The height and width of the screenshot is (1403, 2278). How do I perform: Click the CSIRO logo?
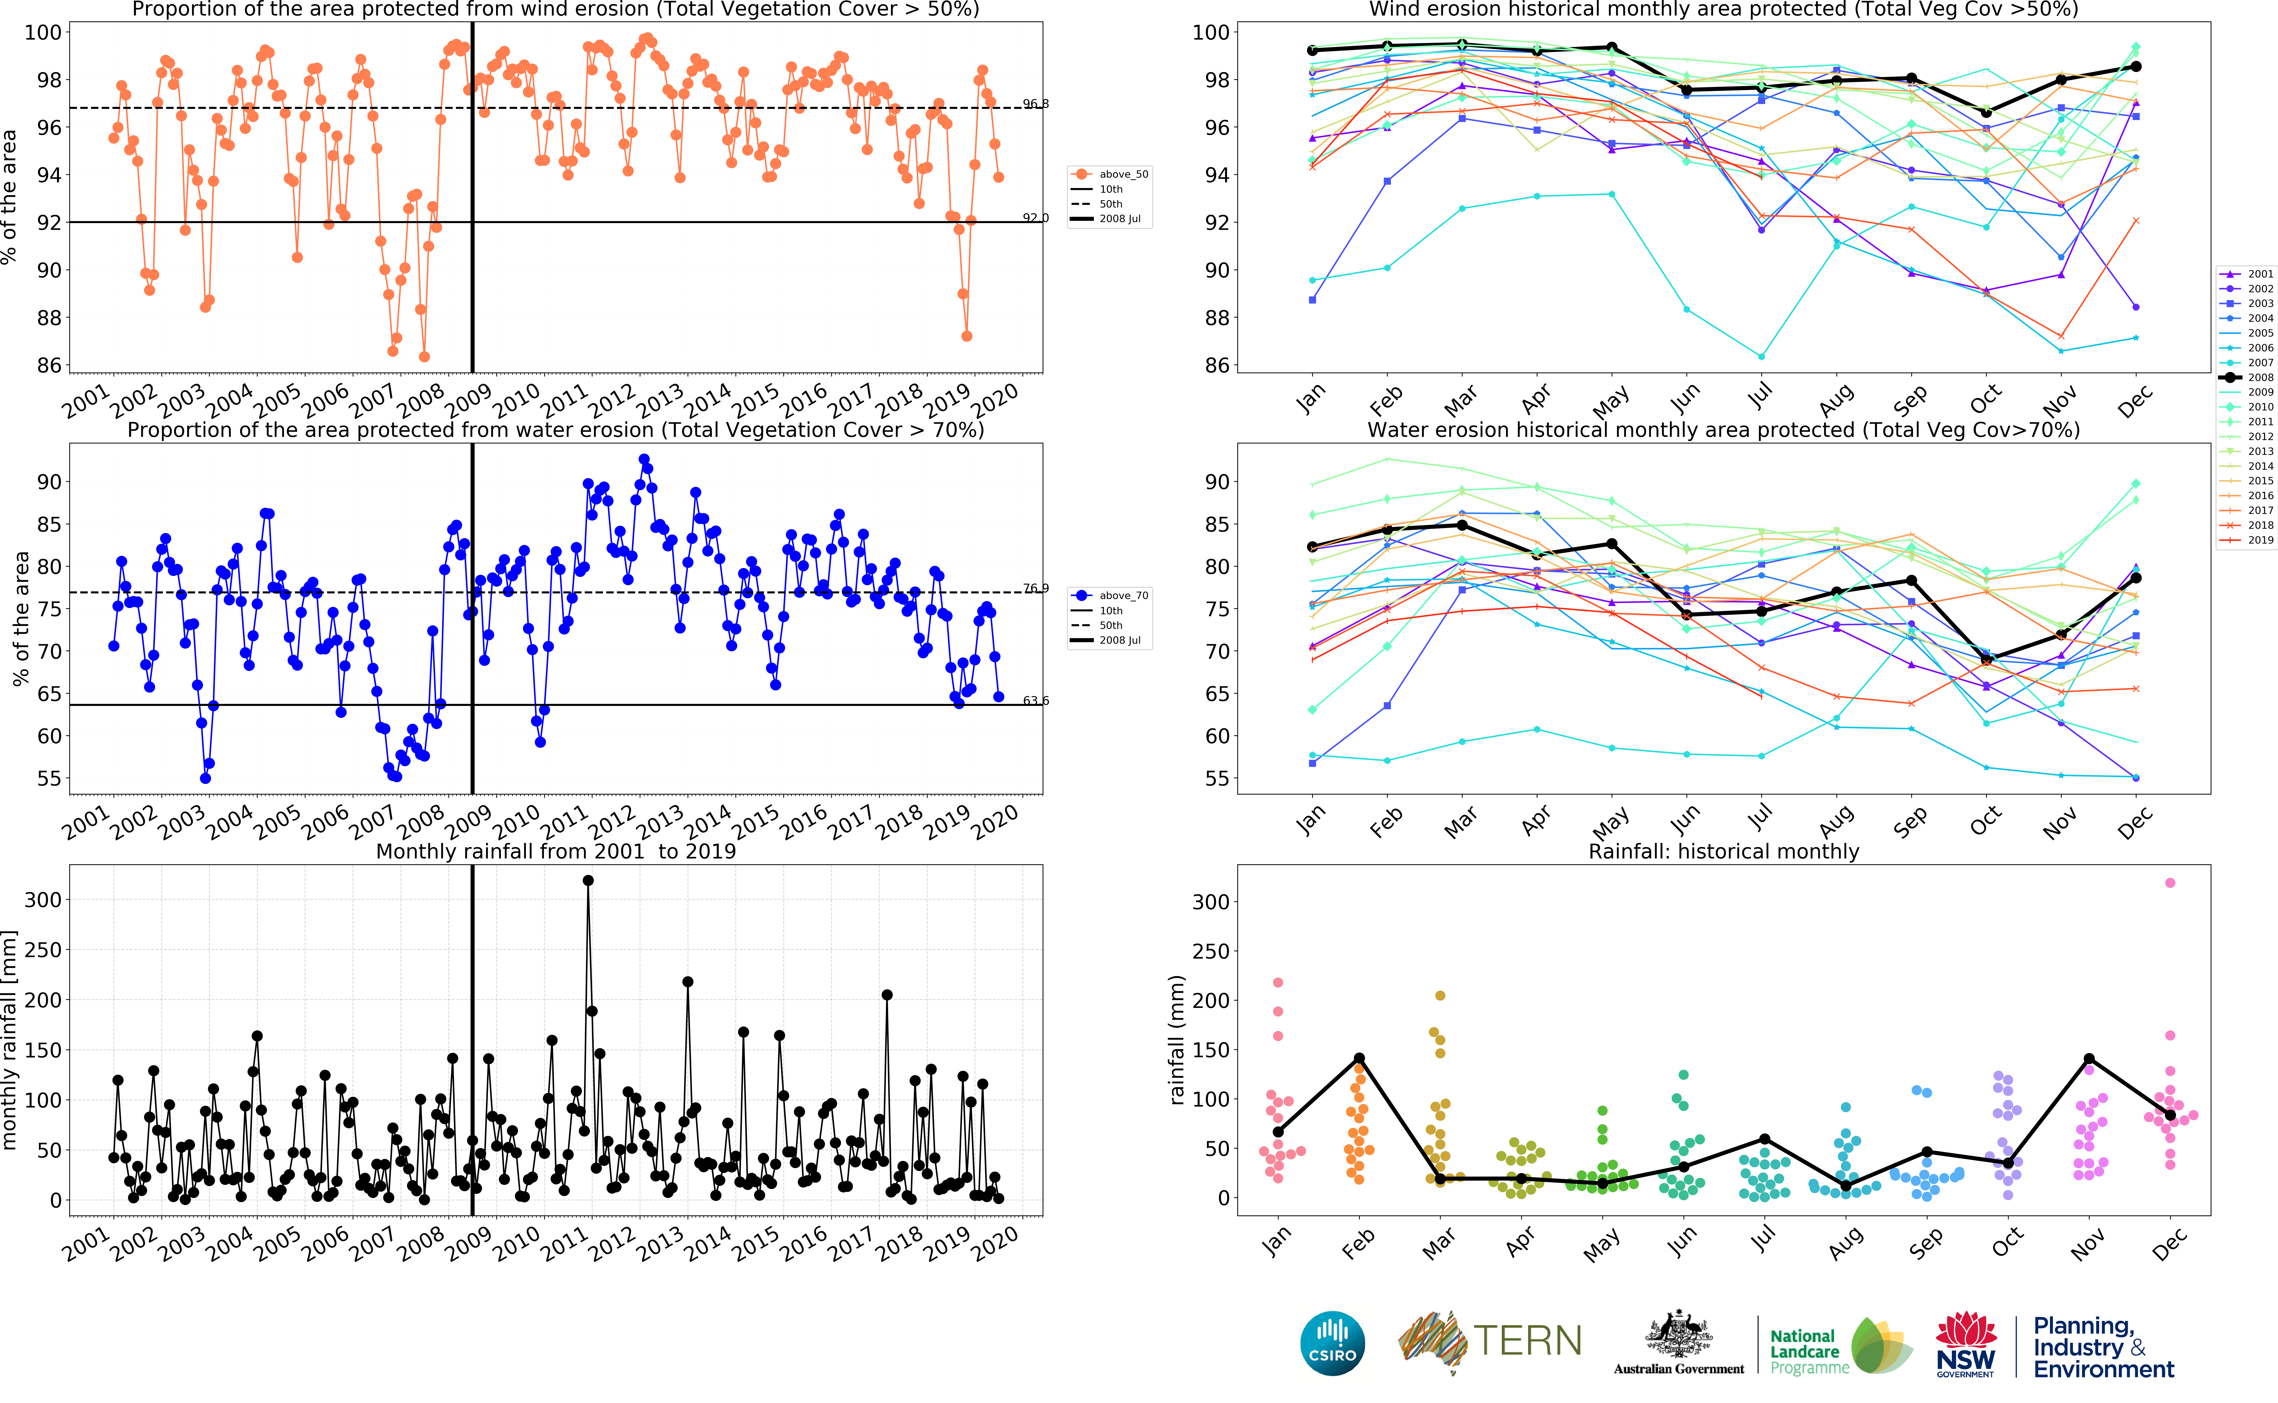tap(1333, 1343)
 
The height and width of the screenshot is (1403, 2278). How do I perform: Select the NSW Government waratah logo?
tap(1965, 1343)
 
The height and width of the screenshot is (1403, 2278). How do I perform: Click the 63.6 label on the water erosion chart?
tap(1036, 701)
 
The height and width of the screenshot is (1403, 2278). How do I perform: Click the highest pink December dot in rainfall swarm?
tap(2169, 883)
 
